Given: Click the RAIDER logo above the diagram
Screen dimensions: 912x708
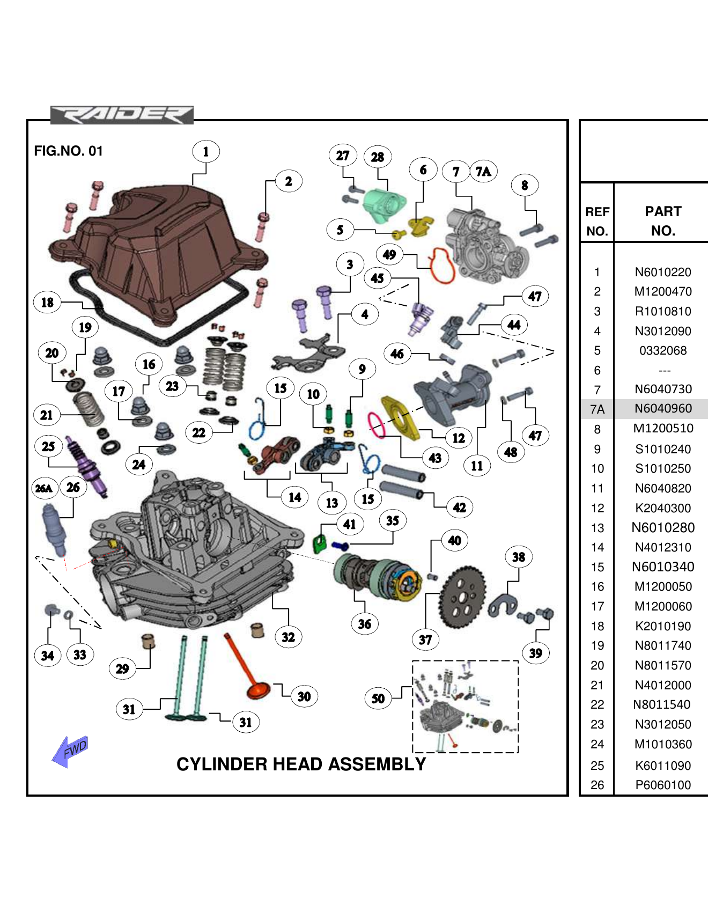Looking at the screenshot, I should pos(122,115).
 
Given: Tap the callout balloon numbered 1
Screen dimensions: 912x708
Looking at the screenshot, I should pos(205,152).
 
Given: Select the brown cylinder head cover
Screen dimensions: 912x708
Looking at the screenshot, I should pos(156,252).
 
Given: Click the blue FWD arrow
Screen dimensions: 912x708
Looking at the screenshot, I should pos(70,751).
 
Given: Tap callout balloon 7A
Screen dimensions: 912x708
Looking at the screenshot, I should pos(483,171).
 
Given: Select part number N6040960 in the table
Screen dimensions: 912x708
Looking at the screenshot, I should pos(663,409).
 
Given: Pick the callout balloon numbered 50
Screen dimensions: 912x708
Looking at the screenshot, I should pos(378,698).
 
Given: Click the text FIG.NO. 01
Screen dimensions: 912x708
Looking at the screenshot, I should pos(68,151).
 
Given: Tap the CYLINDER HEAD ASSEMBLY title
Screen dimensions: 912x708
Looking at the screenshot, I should pos(301,764).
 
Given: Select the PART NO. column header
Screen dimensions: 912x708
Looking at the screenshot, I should pos(663,220).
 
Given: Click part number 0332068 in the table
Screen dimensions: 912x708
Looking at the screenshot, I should pos(663,350).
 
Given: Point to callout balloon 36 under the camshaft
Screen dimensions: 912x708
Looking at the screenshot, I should pos(364,624).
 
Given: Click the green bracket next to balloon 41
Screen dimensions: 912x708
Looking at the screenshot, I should pos(320,544).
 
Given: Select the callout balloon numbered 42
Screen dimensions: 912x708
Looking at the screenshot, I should pos(459,508).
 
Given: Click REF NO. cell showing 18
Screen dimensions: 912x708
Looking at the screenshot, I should pos(597,626).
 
